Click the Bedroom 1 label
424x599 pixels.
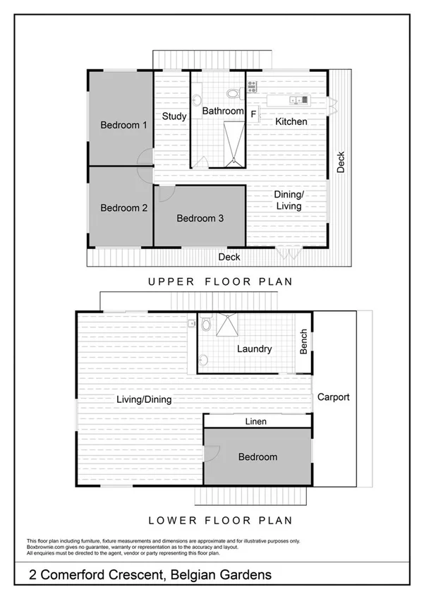click(123, 125)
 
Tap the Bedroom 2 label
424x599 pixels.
click(123, 207)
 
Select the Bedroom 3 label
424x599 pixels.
click(200, 218)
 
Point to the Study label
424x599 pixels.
click(174, 116)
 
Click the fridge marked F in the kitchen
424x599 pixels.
click(253, 113)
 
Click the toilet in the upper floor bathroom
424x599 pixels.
click(233, 92)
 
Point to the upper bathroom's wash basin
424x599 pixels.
click(198, 98)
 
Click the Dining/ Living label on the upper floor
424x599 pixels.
click(289, 200)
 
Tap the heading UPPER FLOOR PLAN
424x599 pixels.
click(220, 282)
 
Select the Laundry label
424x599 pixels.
click(254, 349)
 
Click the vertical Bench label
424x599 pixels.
click(304, 342)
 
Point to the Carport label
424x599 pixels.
click(333, 397)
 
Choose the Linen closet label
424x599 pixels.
click(255, 421)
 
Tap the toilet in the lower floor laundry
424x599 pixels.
click(205, 326)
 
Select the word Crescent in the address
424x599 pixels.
click(134, 575)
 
